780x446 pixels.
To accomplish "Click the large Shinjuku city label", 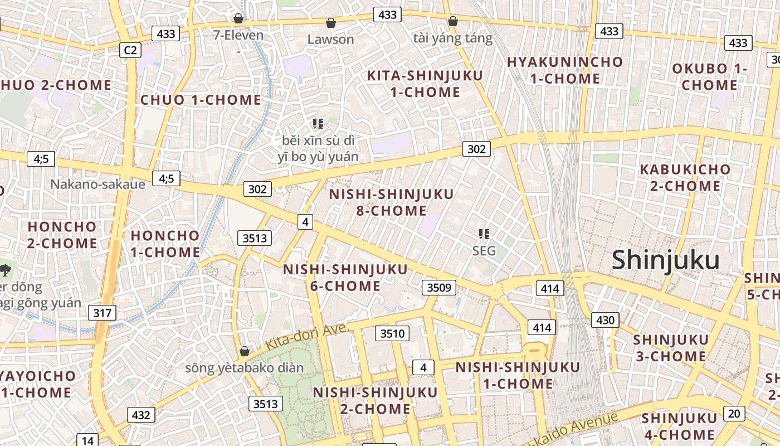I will coord(666,260).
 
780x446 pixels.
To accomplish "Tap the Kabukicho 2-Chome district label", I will coord(685,177).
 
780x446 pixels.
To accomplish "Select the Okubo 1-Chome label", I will coord(709,77).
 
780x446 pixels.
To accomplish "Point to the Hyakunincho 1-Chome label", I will coord(564,70).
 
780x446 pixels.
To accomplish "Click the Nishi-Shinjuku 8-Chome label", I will coord(391,202).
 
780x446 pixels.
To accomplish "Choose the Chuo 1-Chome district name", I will coord(201,100).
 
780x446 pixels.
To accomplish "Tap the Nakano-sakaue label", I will coord(97,185).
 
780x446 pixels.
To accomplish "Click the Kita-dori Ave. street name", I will coord(308,336).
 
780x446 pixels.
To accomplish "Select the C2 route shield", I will coord(130,50).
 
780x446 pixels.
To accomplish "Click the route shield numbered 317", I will coord(102,313).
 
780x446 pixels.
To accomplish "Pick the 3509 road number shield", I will coord(438,288).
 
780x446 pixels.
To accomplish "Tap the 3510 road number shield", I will coord(392,334).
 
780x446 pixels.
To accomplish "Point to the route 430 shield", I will coord(604,320).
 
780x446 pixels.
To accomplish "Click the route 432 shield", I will coord(141,415).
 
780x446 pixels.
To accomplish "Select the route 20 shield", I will coord(734,413).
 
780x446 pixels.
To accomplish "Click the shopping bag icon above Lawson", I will coord(330,23).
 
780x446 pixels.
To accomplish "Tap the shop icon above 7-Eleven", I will coord(238,18).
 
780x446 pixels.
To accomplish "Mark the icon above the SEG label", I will coord(484,234).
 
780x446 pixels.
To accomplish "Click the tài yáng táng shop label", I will coord(453,38).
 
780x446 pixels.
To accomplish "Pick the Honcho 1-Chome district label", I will coord(165,244).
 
